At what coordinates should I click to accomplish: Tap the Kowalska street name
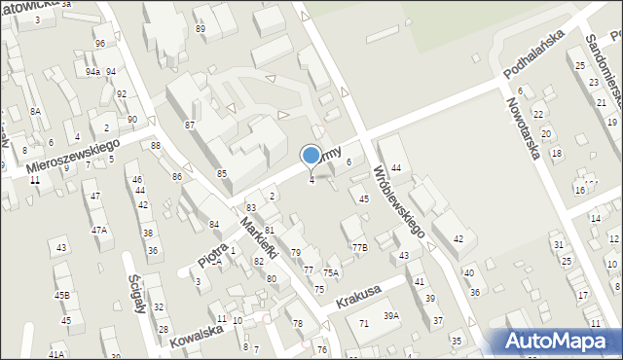196,337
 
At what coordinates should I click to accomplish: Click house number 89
201,29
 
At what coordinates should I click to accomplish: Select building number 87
191,126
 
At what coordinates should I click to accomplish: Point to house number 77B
360,248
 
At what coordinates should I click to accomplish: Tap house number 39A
391,315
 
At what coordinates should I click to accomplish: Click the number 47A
99,231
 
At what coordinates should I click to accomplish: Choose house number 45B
62,295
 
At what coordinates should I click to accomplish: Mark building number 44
396,168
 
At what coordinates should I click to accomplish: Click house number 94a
92,72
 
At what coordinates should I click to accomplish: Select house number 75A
331,273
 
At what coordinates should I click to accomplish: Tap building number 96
100,44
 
